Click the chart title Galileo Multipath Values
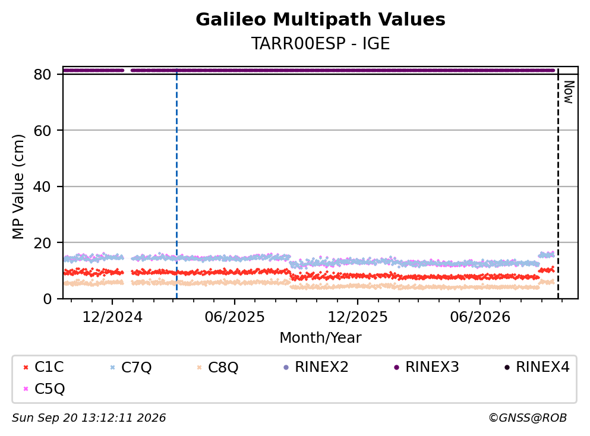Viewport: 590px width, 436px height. point(320,20)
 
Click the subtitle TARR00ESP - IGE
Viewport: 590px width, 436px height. point(320,43)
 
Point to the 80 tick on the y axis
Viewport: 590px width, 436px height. point(42,74)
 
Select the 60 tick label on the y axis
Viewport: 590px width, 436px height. point(42,131)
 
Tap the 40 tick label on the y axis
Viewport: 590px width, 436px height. point(42,187)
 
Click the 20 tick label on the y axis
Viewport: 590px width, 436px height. point(42,243)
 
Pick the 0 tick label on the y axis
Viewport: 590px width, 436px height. point(47,299)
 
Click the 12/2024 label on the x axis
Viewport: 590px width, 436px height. point(112,317)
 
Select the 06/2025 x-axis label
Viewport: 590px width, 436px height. point(235,317)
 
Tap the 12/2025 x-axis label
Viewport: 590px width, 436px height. point(358,317)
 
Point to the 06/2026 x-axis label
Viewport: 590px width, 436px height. point(480,317)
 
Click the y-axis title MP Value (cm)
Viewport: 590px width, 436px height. point(18,187)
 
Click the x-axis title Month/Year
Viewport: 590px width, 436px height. point(320,338)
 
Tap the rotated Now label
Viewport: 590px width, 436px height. point(569,92)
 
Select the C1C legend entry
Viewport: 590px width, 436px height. point(43,367)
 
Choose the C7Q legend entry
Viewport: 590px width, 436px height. point(131,367)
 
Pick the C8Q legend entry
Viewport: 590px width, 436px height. point(217,367)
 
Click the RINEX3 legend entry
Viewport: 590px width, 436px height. point(427,367)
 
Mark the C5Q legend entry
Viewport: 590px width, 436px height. point(44,388)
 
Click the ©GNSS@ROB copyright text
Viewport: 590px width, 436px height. point(528,418)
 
